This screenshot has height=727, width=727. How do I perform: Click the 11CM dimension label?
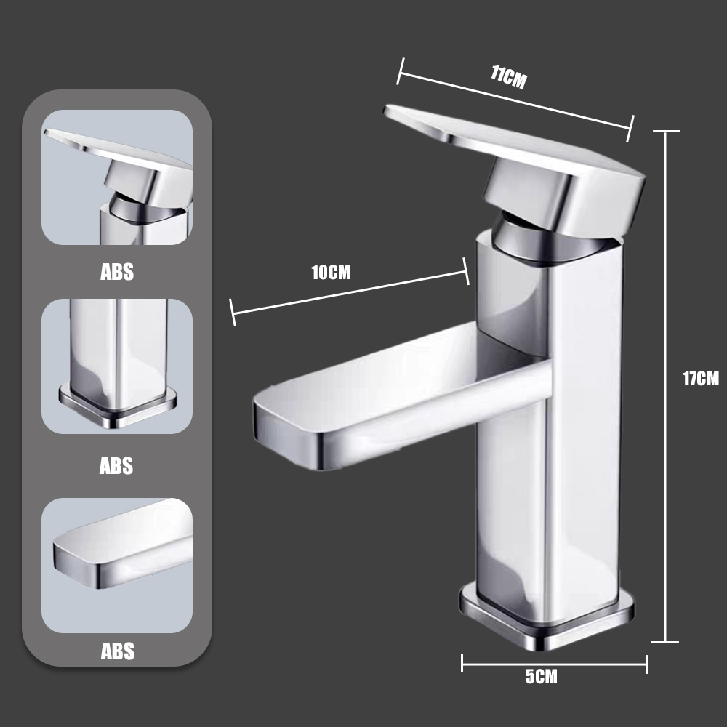coord(508,77)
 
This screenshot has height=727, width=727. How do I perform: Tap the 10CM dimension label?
coord(331,273)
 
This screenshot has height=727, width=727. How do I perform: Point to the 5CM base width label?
coord(541,677)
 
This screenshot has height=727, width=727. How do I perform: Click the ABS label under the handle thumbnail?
coord(117,273)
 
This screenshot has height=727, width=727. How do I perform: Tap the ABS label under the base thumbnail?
coord(117,465)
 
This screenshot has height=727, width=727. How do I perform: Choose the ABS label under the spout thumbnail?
coord(117,651)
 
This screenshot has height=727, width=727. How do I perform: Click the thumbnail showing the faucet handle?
coord(117,177)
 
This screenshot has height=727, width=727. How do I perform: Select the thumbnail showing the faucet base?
coord(117,366)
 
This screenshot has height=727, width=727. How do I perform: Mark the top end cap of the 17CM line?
coord(666,132)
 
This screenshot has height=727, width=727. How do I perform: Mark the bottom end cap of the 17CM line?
coord(666,642)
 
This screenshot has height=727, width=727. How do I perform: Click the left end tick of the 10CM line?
coord(233,313)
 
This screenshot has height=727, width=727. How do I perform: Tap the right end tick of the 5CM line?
coord(647,662)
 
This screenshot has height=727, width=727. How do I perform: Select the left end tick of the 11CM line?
coord(399,71)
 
